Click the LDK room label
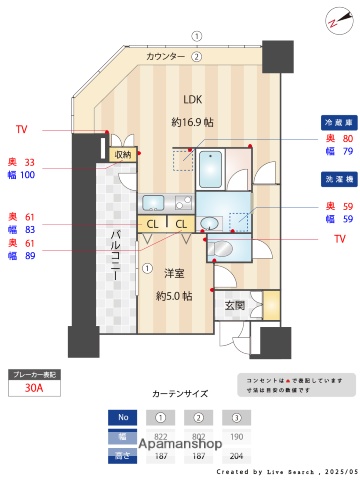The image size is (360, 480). point(191,98)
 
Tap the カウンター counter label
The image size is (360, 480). point(166,57)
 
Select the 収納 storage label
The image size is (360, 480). point(122,154)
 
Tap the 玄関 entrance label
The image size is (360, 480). point(234,305)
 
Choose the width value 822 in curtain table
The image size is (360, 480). point(160,438)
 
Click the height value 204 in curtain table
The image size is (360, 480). point(237,456)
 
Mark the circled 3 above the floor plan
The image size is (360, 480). point(197,35)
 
